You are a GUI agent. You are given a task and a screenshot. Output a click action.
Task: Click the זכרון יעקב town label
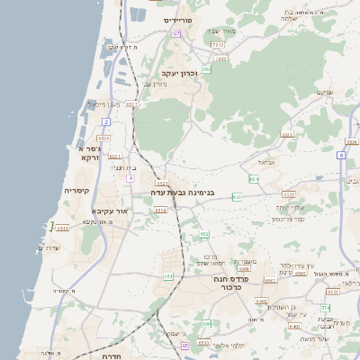(x=180, y=73)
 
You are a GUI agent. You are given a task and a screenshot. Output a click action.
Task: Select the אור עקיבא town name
(x=108, y=211)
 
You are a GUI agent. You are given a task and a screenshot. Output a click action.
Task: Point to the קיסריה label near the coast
(x=76, y=191)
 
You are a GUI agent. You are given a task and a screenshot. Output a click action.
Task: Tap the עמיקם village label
(x=323, y=93)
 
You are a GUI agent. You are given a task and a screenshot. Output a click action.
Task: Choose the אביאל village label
(x=268, y=163)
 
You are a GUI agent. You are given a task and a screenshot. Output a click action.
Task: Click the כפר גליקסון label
(x=288, y=218)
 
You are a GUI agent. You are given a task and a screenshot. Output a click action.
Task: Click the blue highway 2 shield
(x=105, y=121)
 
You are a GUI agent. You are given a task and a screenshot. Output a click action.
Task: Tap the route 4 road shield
(x=130, y=178)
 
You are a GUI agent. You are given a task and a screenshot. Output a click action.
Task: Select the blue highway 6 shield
(x=342, y=155)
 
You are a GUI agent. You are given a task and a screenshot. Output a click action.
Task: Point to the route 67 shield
(x=177, y=33)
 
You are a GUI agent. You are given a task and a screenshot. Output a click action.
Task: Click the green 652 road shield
(x=206, y=67)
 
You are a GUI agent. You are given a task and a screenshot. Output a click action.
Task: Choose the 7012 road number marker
(x=218, y=44)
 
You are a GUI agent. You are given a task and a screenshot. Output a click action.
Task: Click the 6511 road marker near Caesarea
(x=63, y=230)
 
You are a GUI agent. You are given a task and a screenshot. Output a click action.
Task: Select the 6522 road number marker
(x=290, y=193)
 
